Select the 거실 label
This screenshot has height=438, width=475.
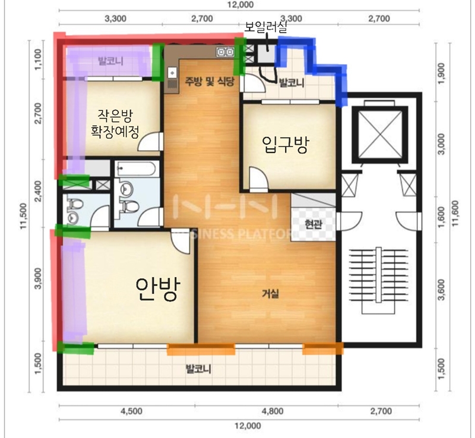[x=270, y=293]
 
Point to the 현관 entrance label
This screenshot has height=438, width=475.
[x=313, y=224]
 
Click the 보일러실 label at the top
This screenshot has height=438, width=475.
[x=265, y=28]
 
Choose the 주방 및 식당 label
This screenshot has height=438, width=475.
[x=210, y=81]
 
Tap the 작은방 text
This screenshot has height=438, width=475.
[x=115, y=115]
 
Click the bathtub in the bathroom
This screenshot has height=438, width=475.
[x=137, y=169]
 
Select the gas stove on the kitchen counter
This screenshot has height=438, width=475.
[x=226, y=52]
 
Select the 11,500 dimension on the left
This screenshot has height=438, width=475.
[x=24, y=216]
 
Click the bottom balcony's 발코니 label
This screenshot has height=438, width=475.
[x=198, y=369]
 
